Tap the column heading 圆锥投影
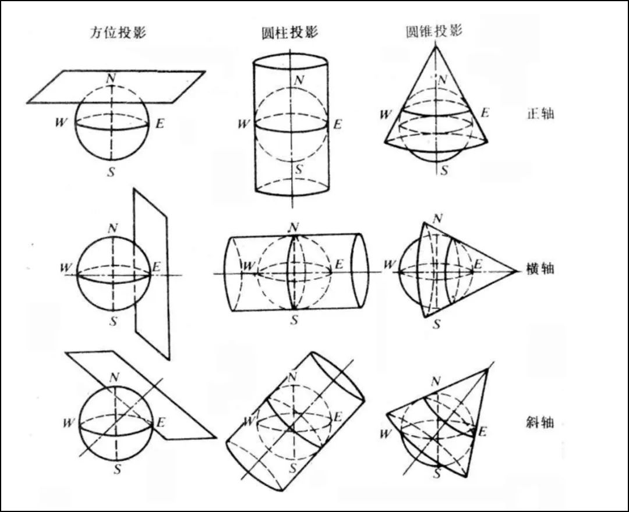(433, 31)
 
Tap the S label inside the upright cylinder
(298, 169)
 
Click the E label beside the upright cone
(485, 112)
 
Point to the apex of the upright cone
(436, 45)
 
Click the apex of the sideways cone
(517, 271)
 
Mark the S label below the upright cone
(445, 170)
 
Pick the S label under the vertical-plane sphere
(112, 321)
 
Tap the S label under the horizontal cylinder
(295, 319)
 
